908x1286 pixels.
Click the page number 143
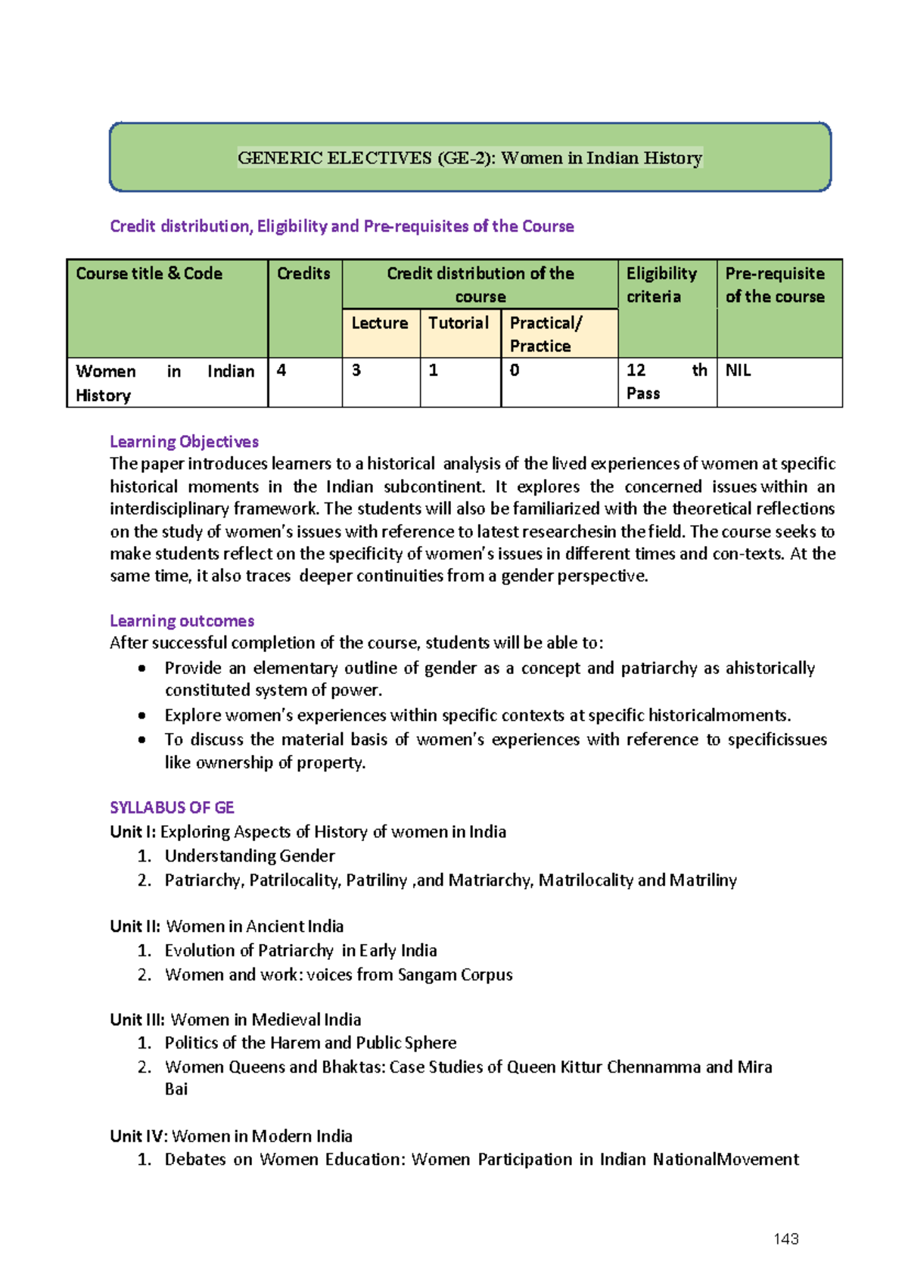(786, 1238)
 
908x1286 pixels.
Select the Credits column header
(303, 274)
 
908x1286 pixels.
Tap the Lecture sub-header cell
(380, 323)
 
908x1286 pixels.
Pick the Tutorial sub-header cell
(459, 323)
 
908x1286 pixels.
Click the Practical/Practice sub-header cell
(546, 334)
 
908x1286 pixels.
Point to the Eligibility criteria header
(661, 284)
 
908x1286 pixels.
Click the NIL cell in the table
(739, 370)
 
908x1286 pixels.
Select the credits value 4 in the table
(281, 370)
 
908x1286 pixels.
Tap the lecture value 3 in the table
(356, 370)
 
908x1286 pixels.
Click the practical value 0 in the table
(515, 370)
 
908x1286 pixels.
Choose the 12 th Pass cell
(666, 381)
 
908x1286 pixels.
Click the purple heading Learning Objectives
(184, 442)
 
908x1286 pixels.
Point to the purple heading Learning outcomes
(182, 621)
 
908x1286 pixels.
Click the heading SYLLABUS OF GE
(172, 807)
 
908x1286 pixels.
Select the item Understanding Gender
(250, 856)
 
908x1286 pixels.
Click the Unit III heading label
(137, 1019)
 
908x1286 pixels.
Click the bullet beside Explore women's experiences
(142, 716)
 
